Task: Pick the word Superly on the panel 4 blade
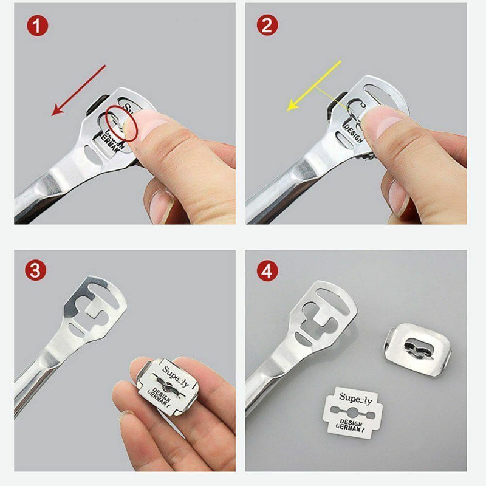coord(356,398)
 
